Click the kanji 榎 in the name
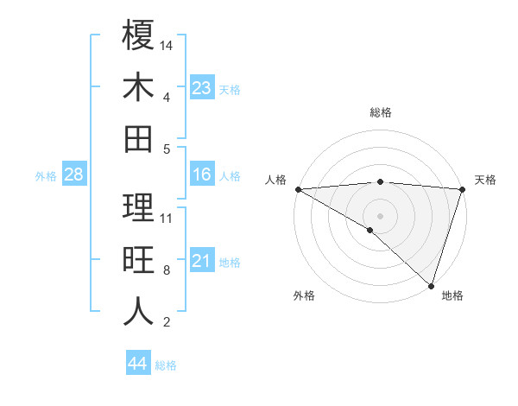138,35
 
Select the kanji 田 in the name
138,138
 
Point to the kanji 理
138,207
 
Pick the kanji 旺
138,260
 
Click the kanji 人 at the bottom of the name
138,312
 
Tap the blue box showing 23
201,87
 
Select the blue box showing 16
201,175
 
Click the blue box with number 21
201,261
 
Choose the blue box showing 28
73,175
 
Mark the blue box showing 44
137,364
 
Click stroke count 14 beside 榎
167,44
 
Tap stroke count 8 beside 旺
167,270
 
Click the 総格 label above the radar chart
380,112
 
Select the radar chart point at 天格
462,189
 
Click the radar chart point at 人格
298,189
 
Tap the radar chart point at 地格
430,284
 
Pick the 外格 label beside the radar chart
304,296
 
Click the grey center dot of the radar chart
380,215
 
